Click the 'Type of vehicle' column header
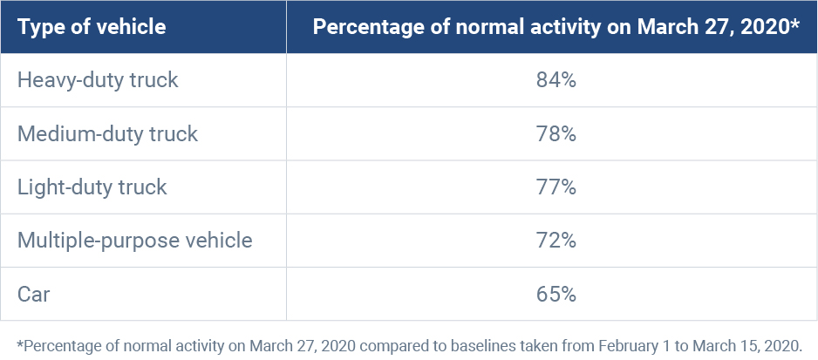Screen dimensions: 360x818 [x=92, y=27]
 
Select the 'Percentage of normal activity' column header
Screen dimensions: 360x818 [x=556, y=27]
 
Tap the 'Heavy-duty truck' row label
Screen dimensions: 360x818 [x=98, y=81]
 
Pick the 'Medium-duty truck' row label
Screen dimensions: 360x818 [x=108, y=134]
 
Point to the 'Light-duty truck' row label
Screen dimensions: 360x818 [x=92, y=187]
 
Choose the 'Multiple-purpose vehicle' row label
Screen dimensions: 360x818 [x=135, y=241]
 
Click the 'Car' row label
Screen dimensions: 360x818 [x=34, y=294]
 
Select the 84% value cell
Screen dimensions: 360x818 [x=556, y=81]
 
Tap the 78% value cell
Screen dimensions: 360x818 [x=556, y=134]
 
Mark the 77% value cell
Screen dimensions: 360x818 [x=556, y=187]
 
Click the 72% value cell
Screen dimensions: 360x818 [x=556, y=241]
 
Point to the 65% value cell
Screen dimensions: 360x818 [x=556, y=294]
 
